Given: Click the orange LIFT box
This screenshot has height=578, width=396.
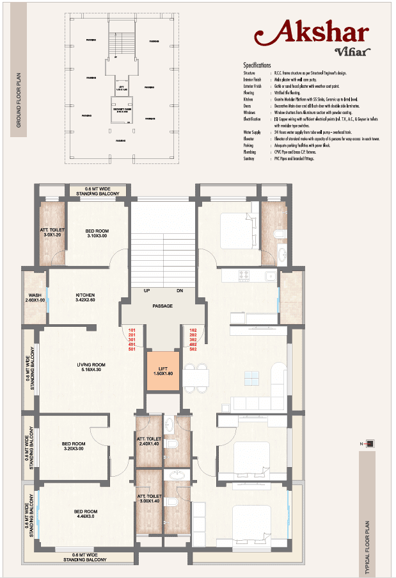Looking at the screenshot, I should tap(163, 372).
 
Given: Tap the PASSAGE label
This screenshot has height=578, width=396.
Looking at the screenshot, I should tap(162, 306).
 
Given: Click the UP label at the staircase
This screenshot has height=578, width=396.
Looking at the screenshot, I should tap(147, 290).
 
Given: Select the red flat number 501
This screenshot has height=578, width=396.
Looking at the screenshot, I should tap(133, 349).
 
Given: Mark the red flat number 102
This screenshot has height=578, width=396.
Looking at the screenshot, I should tap(193, 330).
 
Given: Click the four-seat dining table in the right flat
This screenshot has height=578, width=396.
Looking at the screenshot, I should tap(195, 376).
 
